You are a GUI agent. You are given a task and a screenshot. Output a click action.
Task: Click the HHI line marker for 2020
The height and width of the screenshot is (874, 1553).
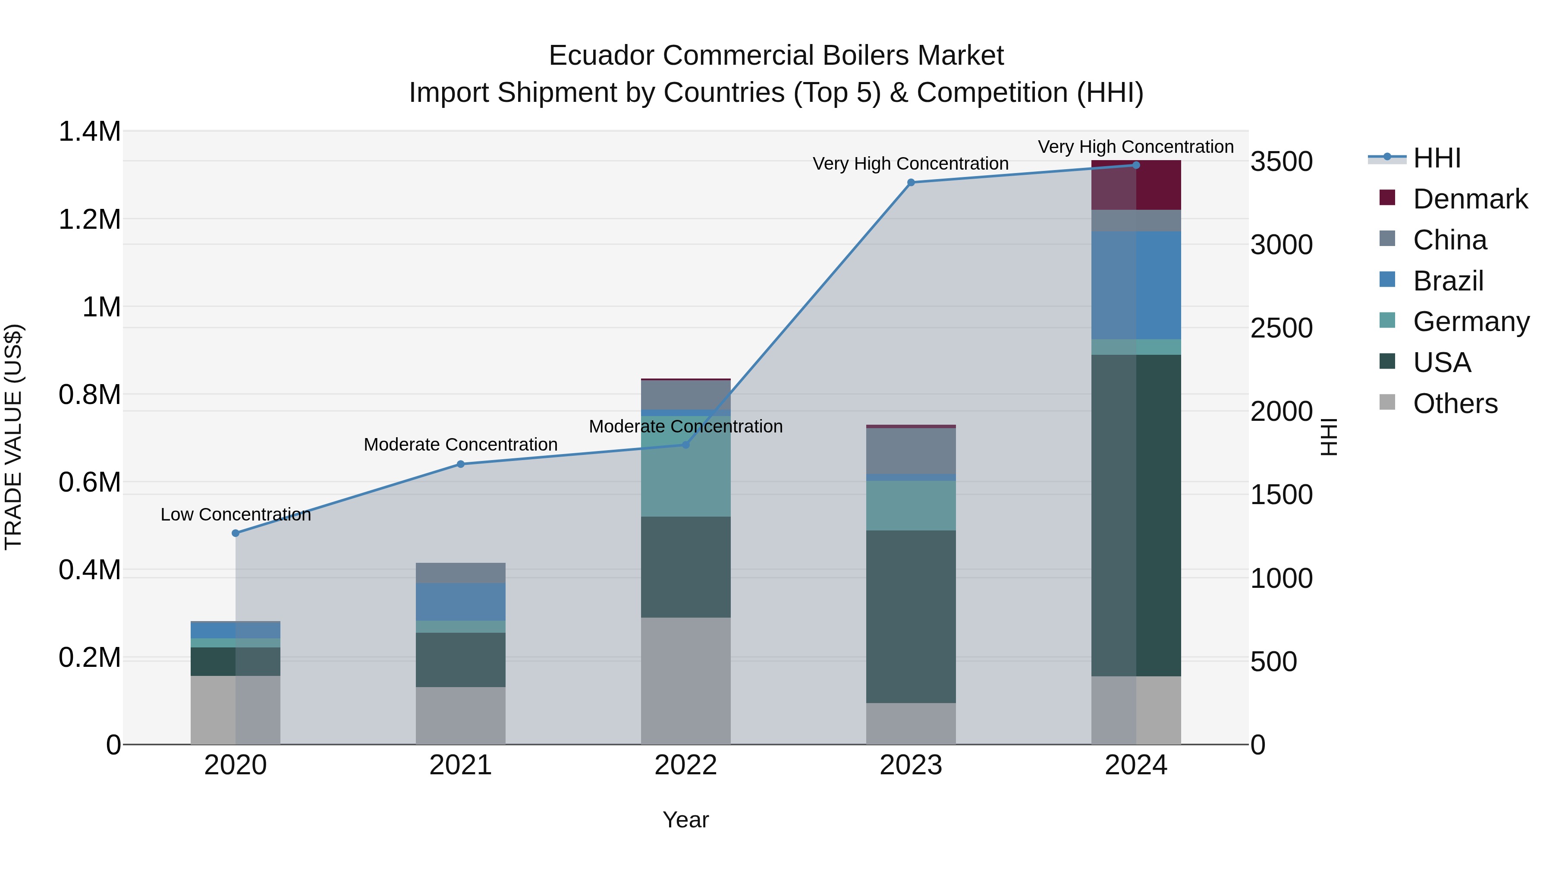[236, 533]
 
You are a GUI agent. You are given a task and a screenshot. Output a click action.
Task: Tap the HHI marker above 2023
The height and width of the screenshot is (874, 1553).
[911, 182]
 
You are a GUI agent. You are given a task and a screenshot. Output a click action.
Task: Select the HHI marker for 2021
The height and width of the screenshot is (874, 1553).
[461, 464]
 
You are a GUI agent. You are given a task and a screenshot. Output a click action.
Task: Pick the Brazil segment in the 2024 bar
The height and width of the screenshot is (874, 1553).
[1136, 285]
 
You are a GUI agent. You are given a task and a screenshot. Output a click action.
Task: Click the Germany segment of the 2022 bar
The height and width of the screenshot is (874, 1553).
[685, 466]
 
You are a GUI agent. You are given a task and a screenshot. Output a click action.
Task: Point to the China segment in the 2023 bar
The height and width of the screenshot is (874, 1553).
[911, 451]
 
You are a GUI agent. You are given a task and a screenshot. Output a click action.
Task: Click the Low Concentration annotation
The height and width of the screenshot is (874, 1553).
[236, 514]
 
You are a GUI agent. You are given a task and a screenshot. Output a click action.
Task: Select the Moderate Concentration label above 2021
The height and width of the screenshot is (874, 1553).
[461, 445]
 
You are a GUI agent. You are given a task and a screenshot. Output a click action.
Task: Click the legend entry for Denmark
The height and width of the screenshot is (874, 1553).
[1469, 199]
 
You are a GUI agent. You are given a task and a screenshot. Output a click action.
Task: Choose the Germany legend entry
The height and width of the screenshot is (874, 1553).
[1471, 322]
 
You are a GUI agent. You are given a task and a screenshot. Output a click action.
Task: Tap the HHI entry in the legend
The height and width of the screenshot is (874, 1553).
[1436, 158]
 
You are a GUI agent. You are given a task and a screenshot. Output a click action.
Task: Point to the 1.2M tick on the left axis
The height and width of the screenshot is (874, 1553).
[90, 220]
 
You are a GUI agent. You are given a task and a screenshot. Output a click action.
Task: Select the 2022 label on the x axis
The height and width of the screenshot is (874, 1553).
[685, 765]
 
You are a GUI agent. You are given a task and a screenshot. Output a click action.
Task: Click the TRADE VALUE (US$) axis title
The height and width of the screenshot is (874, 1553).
[13, 437]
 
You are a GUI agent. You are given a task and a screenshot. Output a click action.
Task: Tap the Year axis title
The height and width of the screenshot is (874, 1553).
[685, 820]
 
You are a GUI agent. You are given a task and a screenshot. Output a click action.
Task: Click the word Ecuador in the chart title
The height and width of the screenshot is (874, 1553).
[602, 56]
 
